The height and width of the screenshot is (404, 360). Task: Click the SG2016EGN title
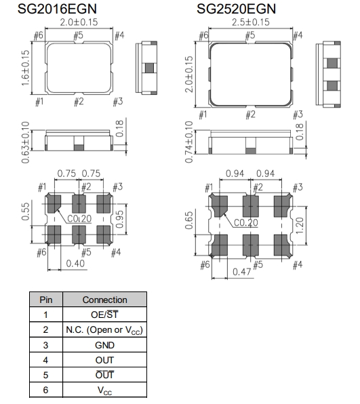[57, 9]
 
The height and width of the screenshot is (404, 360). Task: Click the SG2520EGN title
[236, 9]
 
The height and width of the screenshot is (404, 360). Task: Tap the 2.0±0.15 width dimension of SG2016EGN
[79, 22]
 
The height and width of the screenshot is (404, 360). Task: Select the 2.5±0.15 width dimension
[250, 22]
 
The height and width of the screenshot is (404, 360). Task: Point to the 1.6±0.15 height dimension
[25, 68]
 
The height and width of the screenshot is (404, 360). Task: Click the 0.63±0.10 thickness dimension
[25, 142]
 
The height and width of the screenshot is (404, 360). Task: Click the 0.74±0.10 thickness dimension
[189, 142]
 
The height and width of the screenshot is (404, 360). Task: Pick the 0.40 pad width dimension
[75, 264]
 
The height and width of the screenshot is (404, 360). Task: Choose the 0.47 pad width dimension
[242, 272]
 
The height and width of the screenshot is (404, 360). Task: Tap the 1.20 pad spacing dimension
[300, 226]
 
